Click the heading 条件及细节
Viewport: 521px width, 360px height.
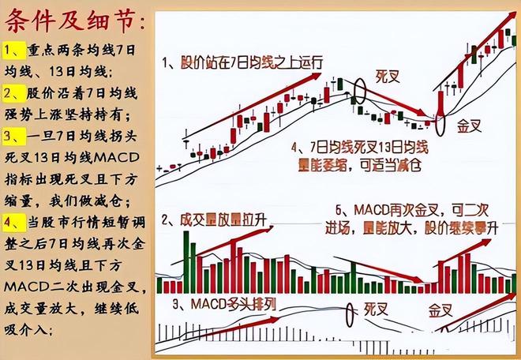[76, 19]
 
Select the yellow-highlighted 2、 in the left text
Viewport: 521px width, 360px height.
[14, 95]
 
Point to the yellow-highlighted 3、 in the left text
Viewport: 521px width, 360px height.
[14, 142]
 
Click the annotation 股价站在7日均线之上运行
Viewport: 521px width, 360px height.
[251, 62]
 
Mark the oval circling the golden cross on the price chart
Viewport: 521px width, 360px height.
[440, 124]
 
